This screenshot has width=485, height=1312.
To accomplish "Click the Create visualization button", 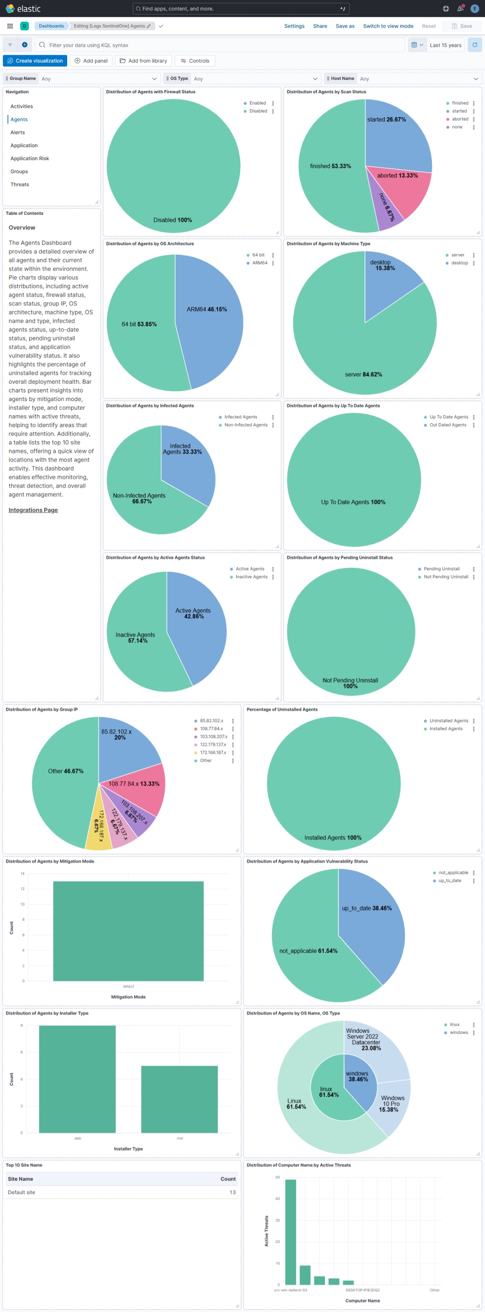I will pyautogui.click(x=35, y=61).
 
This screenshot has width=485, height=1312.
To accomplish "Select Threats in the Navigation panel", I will pyautogui.click(x=20, y=185).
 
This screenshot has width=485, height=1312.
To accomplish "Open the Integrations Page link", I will pyautogui.click(x=33, y=510).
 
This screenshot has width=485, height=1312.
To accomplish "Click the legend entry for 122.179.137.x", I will pyautogui.click(x=213, y=745).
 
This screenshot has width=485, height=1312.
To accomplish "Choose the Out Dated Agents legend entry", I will pyautogui.click(x=447, y=425).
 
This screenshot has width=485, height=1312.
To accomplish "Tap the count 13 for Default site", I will pyautogui.click(x=233, y=1192).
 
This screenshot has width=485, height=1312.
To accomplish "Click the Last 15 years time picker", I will pyautogui.click(x=445, y=45).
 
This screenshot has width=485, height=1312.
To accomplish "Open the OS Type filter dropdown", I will pyautogui.click(x=254, y=78).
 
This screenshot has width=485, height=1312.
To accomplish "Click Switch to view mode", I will pyautogui.click(x=388, y=26).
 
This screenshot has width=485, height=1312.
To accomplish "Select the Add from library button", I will pyautogui.click(x=143, y=61).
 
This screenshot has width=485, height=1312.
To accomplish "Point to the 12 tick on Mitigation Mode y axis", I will pyautogui.click(x=22, y=889).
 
